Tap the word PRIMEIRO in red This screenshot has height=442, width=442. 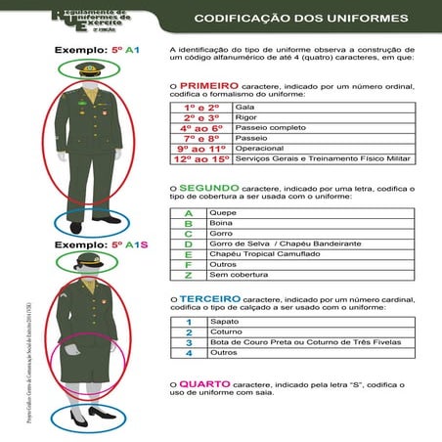207,86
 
